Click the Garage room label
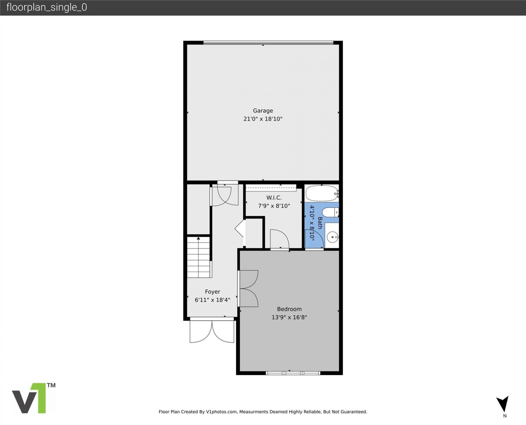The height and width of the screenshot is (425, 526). pos(263,111)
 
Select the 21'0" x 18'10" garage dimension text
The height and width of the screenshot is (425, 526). pos(263,119)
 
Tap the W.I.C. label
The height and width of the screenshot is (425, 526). pos(274,197)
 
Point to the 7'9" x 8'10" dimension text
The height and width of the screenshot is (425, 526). pos(274,206)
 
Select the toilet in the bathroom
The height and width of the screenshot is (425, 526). pos(330,212)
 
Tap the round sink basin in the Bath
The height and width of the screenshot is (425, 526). pos(332,237)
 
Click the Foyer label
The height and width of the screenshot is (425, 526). pos(212,292)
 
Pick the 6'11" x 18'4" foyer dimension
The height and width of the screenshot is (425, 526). pos(212,300)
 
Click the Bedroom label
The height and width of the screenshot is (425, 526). pos(289,309)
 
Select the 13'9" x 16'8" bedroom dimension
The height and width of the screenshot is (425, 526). pos(289,317)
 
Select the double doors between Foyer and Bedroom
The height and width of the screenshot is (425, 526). pos(248,288)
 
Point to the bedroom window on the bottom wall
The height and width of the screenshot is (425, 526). pos(293,373)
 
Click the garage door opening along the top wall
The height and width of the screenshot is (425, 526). pos(268,43)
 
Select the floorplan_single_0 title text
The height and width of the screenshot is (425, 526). pos(47,7)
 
